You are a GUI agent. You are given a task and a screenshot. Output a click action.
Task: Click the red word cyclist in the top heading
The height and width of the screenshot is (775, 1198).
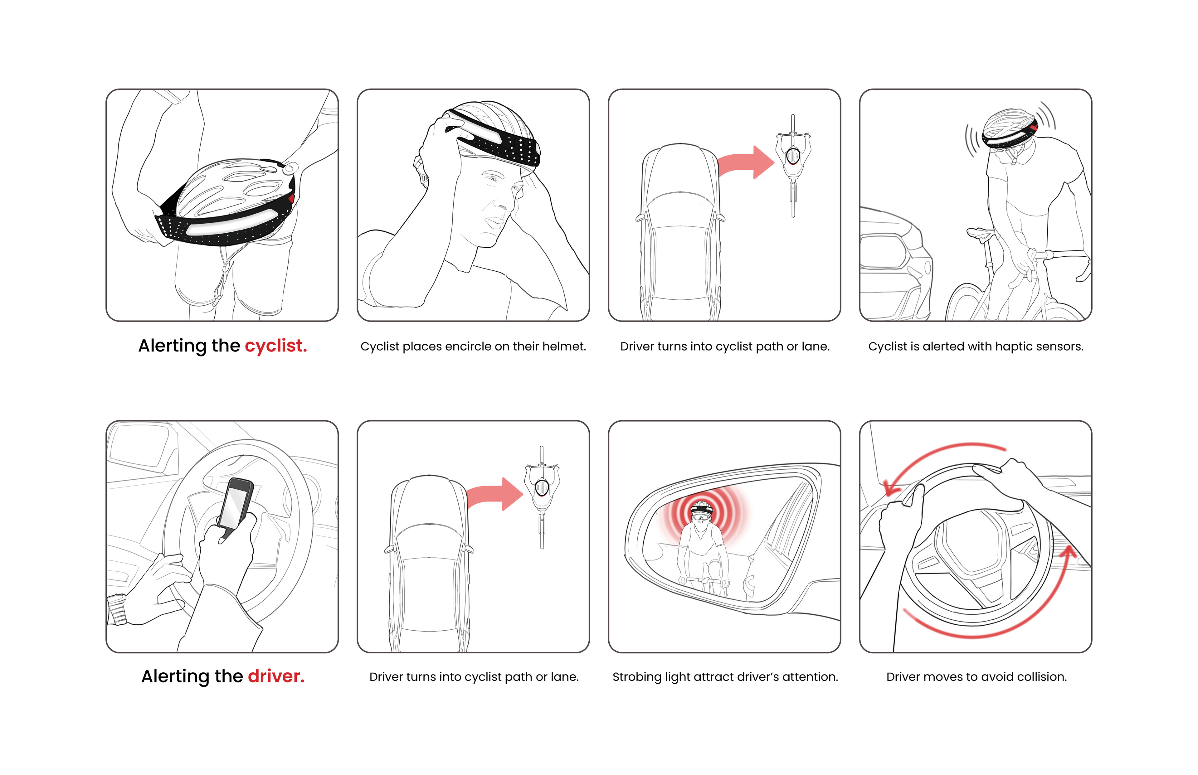(x=276, y=346)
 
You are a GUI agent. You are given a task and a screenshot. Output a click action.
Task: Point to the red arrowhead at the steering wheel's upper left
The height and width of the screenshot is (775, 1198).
(x=891, y=487)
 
